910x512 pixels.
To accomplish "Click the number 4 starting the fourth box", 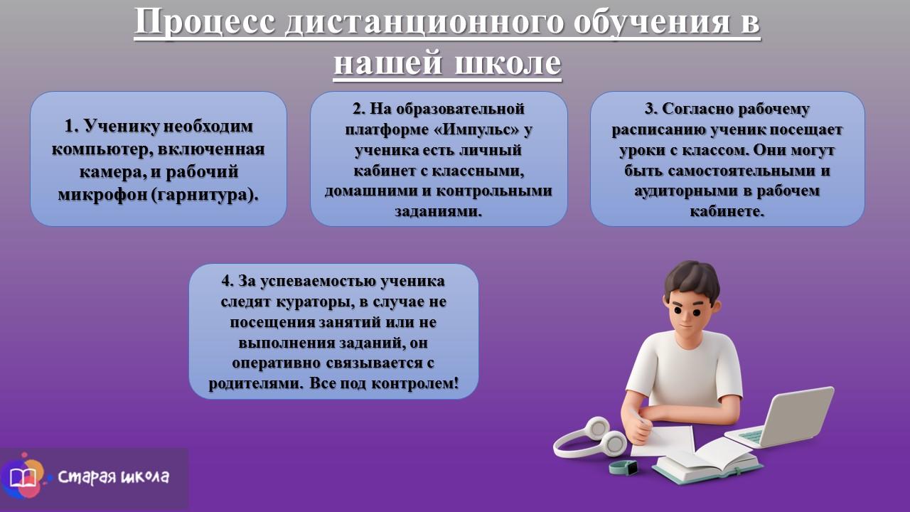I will (x=225, y=281).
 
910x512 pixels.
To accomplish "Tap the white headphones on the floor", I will (x=589, y=437).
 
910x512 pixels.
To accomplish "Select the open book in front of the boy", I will (x=707, y=459).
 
